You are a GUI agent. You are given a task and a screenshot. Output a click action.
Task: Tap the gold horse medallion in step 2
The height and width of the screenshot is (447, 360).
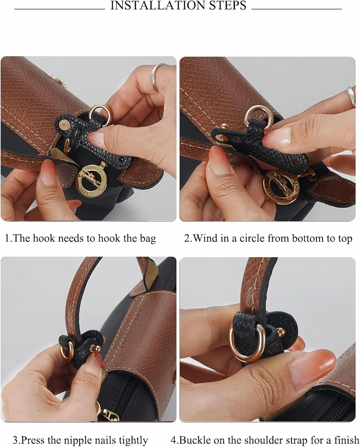click(x=281, y=186)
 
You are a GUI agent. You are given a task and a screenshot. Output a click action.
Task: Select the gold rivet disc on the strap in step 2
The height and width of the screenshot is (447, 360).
click(x=221, y=137)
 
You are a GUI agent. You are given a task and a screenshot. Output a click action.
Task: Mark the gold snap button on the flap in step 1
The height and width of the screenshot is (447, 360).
click(x=59, y=81)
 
